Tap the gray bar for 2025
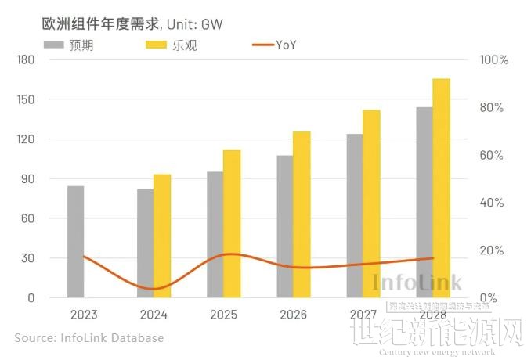coord(215,234)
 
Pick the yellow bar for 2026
coord(302,214)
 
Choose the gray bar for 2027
coord(355,215)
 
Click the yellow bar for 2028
coord(441,188)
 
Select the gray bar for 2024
coord(145,243)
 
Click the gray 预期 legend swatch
coord(52,45)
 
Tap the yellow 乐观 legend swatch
coord(156,45)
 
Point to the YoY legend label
coord(286,45)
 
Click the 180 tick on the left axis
coord(25,60)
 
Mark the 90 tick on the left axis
coord(28,179)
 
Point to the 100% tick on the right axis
coord(494,60)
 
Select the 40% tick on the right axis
coord(493,203)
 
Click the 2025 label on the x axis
coord(223,315)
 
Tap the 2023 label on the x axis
coord(83,315)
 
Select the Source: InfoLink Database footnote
coord(89,338)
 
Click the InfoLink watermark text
coord(417,283)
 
